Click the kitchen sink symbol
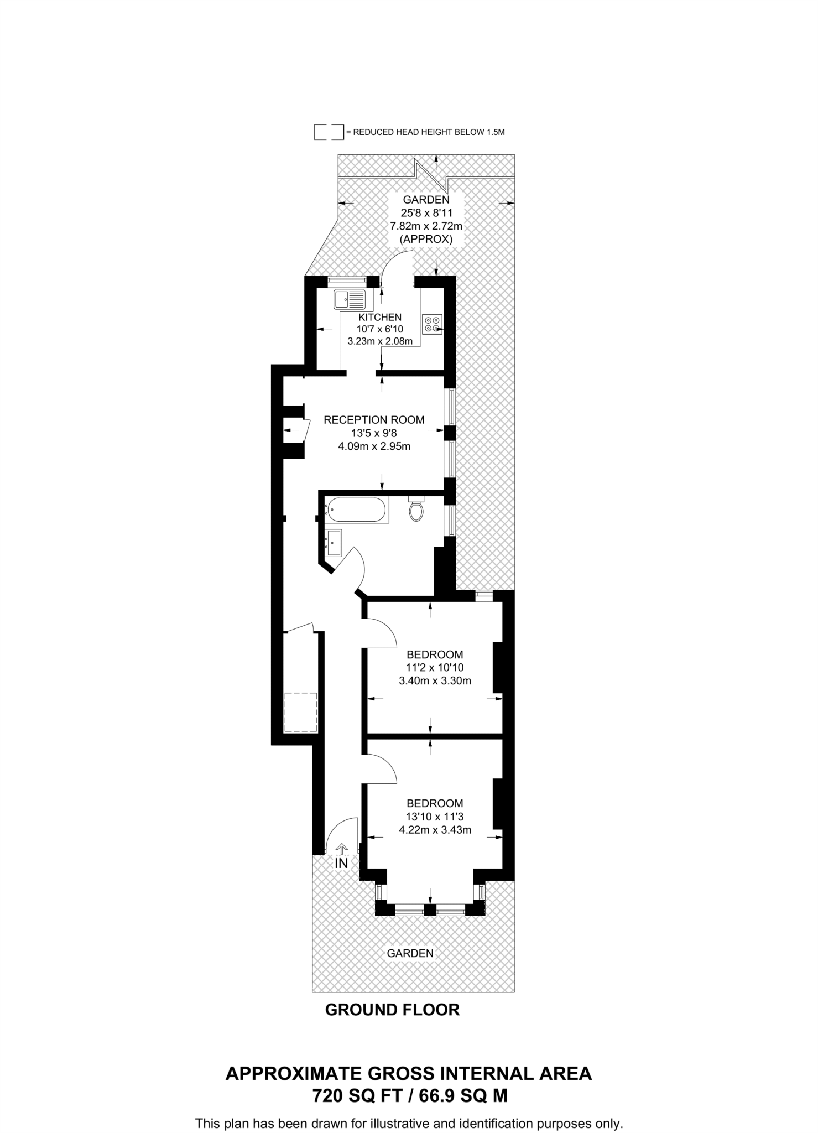coord(350,299)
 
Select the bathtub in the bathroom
coord(356,510)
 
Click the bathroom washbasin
coord(334,543)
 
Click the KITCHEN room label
coord(380,318)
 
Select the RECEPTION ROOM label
coord(374,420)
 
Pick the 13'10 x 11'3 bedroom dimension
coord(435,817)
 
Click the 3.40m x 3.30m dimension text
coord(435,681)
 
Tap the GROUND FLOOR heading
coord(392,1010)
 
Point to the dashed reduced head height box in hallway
coord(301,712)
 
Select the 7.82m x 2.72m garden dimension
coord(426,226)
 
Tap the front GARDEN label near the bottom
coord(410,953)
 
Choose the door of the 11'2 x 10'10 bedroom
coord(380,633)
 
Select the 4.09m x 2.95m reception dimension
coord(374,446)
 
